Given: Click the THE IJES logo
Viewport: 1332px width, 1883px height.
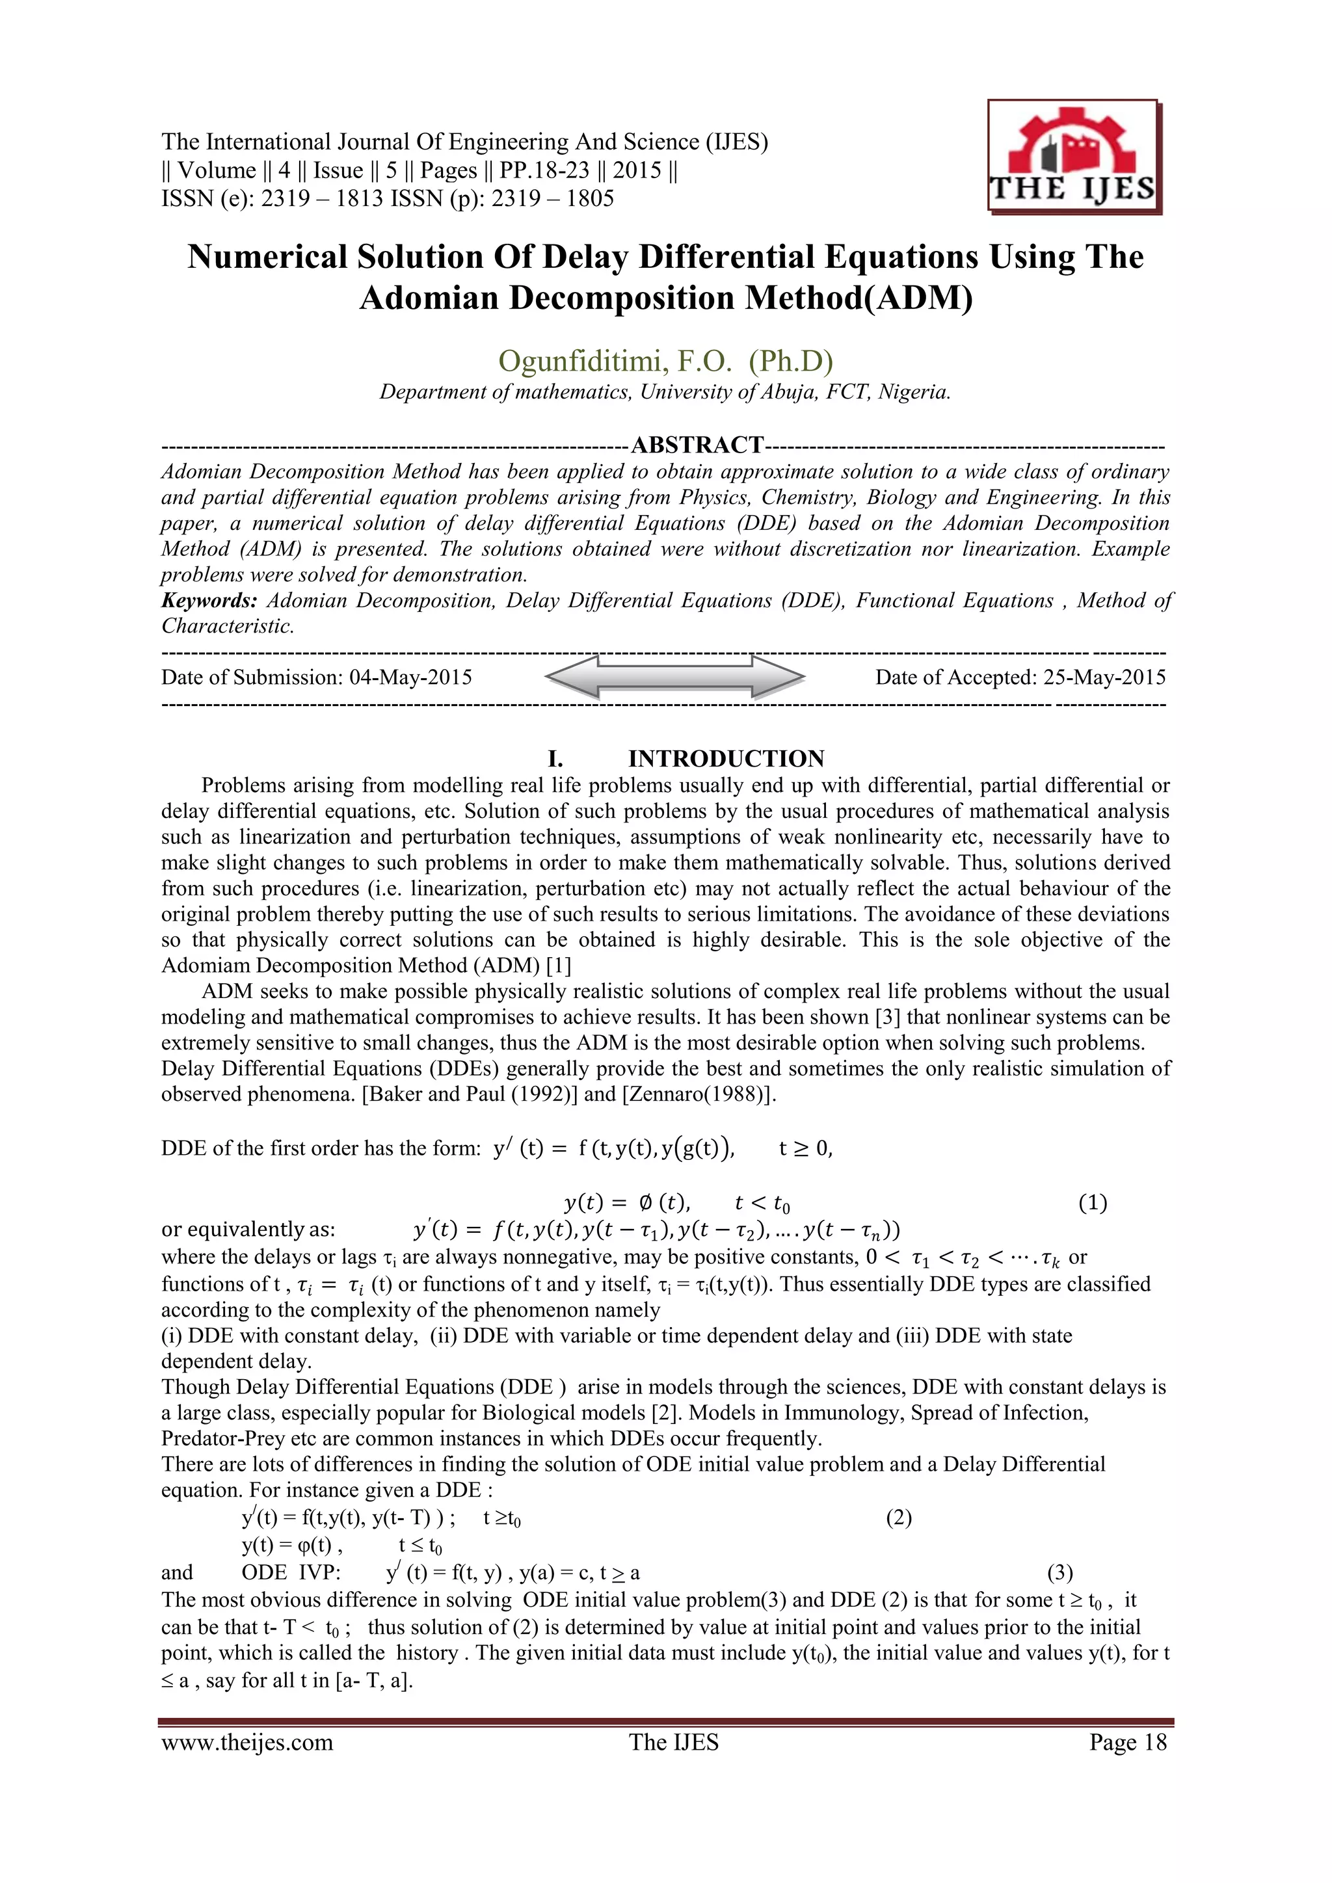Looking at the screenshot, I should click(x=1074, y=157).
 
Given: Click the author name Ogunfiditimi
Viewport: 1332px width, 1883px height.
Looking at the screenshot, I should click(x=568, y=360).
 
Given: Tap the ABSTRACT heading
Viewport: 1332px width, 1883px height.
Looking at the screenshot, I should click(x=697, y=445).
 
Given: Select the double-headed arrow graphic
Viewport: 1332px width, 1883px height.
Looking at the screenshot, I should click(x=674, y=678).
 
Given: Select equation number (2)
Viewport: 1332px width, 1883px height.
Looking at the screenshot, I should click(x=898, y=1518).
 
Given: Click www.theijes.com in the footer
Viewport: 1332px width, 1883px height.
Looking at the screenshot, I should click(x=247, y=1743).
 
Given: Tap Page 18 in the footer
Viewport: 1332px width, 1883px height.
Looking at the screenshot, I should click(x=1127, y=1743).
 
